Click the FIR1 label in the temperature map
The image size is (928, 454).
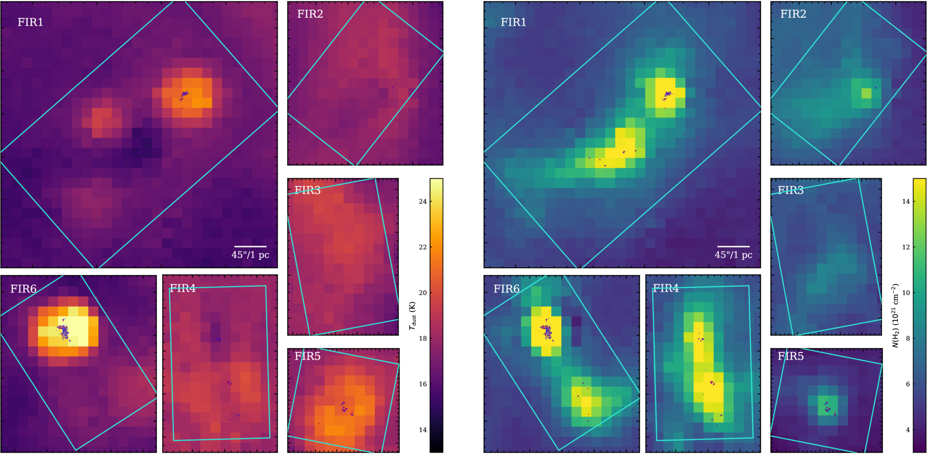point(30,22)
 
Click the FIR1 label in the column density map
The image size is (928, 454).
point(513,22)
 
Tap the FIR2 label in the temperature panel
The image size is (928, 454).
point(310,14)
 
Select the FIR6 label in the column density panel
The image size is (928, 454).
point(506,289)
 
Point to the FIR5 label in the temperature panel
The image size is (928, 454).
point(308,356)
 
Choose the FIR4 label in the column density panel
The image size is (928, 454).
point(666,289)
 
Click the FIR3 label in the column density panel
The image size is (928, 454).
point(791,191)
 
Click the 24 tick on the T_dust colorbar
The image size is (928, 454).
point(423,201)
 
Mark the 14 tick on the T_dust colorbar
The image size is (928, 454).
point(423,430)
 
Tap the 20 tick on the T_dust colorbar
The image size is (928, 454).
point(423,293)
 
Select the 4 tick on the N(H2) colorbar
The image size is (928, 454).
point(908,430)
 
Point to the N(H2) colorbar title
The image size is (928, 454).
point(895,316)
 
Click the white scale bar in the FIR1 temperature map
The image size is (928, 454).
point(250,246)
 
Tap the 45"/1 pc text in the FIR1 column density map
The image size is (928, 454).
point(734,255)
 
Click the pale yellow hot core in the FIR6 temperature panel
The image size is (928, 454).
point(78,331)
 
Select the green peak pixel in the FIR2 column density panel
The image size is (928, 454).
point(866,93)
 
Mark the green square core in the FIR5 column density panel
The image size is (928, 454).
point(828,406)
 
